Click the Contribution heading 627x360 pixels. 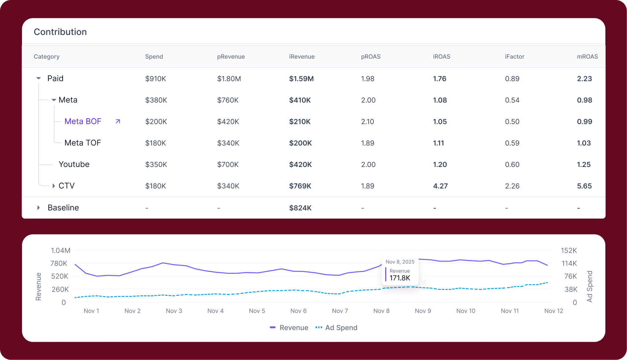pyautogui.click(x=60, y=32)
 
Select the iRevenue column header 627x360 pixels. pyautogui.click(x=301, y=56)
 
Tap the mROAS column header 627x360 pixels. pyautogui.click(x=587, y=56)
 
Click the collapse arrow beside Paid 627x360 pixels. pyautogui.click(x=38, y=78)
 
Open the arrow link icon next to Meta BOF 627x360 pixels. pyautogui.click(x=118, y=122)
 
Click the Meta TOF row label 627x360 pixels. pyautogui.click(x=82, y=143)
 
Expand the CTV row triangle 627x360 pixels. pyautogui.click(x=53, y=186)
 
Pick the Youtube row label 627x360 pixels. pyautogui.click(x=74, y=164)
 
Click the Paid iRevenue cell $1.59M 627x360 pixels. pyautogui.click(x=301, y=79)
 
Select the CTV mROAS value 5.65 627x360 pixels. pyautogui.click(x=584, y=186)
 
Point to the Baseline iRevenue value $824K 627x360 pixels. pyautogui.click(x=300, y=208)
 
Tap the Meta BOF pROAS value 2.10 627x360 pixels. pyautogui.click(x=367, y=122)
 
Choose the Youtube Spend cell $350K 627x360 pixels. pyautogui.click(x=156, y=164)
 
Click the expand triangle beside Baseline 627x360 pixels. pyautogui.click(x=38, y=208)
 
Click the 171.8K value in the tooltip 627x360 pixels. pyautogui.click(x=400, y=278)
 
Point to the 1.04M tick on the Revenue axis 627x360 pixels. pyautogui.click(x=60, y=250)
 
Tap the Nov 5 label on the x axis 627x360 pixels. pyautogui.click(x=257, y=311)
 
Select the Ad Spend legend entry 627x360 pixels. pyautogui.click(x=336, y=328)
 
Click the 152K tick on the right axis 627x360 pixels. pyautogui.click(x=569, y=250)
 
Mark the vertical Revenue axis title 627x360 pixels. pyautogui.click(x=38, y=287)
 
